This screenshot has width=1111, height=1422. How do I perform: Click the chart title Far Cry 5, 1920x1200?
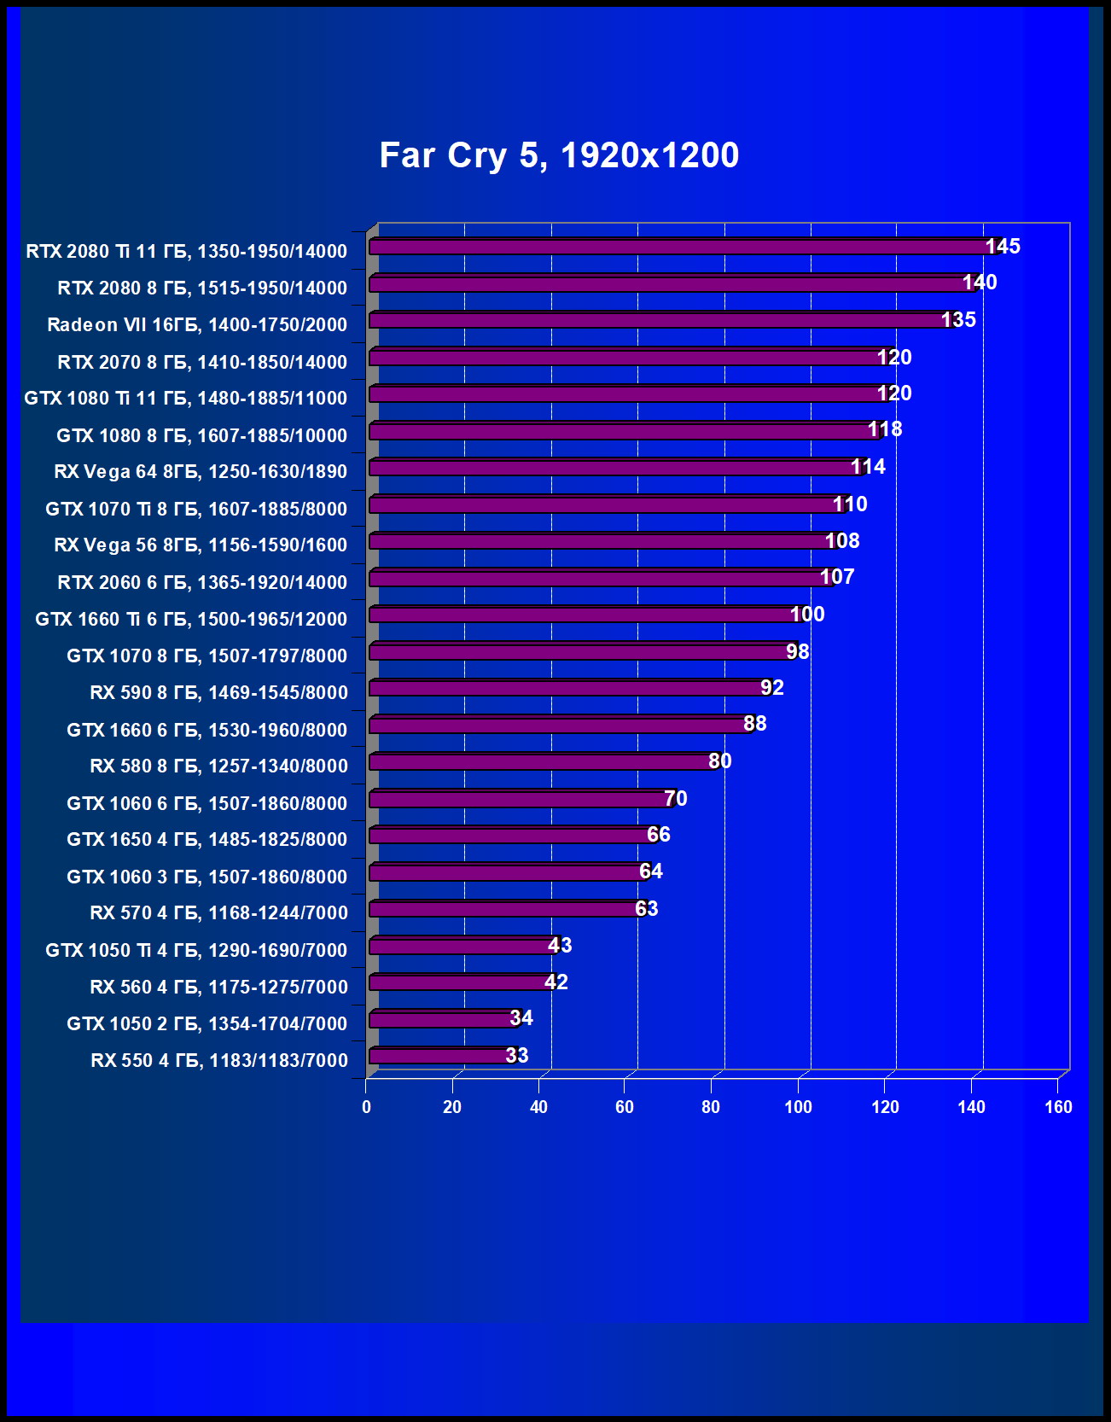559,155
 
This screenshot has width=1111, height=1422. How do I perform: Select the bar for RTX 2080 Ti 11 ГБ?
683,247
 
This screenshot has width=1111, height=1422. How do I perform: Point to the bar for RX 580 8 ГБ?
543,761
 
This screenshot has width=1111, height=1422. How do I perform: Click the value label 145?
1003,247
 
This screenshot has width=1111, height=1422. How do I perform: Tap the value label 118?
885,429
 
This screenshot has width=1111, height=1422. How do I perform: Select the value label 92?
772,688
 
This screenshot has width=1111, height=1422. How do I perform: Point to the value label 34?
521,1018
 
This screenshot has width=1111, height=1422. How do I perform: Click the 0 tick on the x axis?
366,1107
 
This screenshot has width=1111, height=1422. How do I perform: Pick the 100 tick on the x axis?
798,1107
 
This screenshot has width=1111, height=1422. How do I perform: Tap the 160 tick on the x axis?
1058,1107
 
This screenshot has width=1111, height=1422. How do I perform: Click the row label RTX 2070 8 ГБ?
202,362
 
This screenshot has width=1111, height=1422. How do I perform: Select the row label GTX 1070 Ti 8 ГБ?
196,509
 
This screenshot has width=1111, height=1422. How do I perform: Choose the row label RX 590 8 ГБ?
218,692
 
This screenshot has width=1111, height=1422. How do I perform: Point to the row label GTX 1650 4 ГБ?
206,839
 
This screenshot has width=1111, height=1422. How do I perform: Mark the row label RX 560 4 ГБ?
218,987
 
